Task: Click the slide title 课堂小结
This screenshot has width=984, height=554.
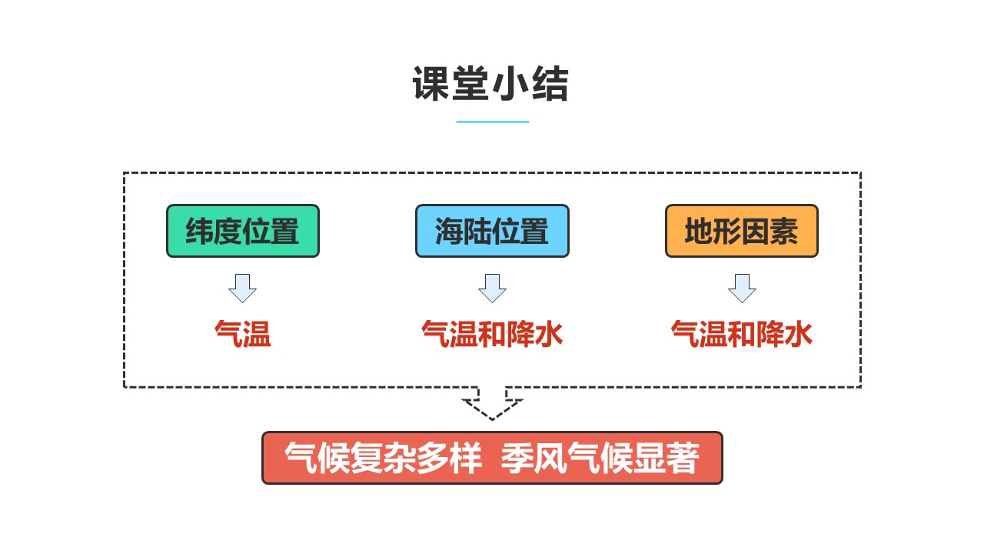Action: [490, 84]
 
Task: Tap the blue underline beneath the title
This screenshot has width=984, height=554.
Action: [493, 122]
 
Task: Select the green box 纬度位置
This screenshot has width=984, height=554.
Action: [243, 231]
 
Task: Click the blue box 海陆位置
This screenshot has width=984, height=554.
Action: [493, 231]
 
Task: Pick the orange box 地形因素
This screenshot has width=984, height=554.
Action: [742, 231]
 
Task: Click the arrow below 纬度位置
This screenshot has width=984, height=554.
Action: [242, 289]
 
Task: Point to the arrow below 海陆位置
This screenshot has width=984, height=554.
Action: [493, 289]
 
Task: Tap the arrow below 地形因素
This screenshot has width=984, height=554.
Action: [742, 289]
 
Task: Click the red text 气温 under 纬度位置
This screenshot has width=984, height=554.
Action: [242, 334]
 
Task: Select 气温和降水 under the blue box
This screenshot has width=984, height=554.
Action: [492, 334]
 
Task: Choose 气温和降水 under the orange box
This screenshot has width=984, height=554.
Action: [742, 334]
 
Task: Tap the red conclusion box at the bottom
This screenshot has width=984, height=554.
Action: [493, 458]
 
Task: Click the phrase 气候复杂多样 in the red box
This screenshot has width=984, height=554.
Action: [383, 458]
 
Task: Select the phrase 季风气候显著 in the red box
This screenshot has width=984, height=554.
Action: [600, 458]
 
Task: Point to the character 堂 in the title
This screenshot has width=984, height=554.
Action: [470, 84]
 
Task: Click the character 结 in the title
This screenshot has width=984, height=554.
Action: [550, 84]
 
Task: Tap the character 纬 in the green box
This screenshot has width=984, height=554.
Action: [199, 231]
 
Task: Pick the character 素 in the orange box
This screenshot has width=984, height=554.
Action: [784, 231]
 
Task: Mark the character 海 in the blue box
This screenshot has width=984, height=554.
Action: [449, 231]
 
